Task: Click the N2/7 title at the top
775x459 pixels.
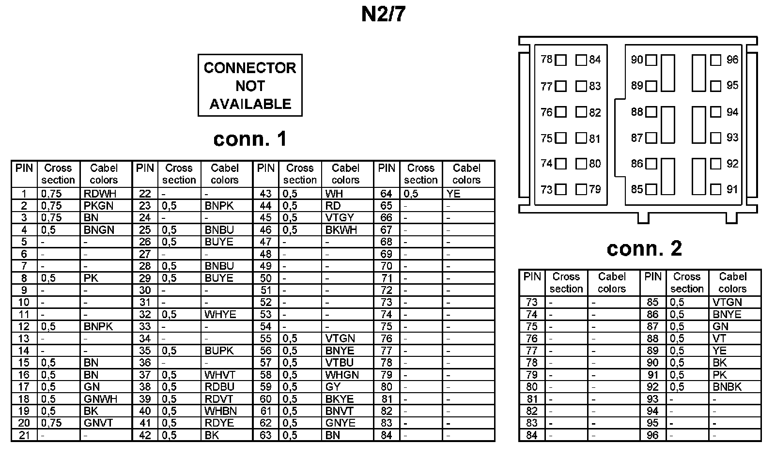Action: tap(383, 15)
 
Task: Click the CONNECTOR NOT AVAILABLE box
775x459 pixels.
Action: tap(250, 85)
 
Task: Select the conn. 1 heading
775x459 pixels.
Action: tap(250, 139)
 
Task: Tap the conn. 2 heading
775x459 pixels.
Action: tap(644, 248)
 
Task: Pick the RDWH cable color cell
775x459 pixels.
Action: tap(100, 194)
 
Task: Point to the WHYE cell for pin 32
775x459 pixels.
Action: tap(220, 314)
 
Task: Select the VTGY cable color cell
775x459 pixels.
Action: tap(340, 218)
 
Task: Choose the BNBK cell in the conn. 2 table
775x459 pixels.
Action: tap(727, 387)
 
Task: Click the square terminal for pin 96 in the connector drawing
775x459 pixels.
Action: tap(715, 60)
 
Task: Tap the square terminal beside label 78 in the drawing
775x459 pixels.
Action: tap(561, 60)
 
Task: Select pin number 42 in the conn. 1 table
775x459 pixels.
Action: tap(145, 435)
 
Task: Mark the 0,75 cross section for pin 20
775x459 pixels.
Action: tap(51, 423)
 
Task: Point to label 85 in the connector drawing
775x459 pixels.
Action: tap(636, 189)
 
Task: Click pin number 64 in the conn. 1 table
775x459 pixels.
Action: tap(386, 194)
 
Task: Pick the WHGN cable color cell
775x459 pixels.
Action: tap(342, 375)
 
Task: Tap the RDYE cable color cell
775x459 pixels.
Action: tap(219, 423)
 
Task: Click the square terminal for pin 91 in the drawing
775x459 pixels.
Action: tap(715, 189)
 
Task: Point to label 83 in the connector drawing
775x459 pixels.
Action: tap(595, 86)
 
